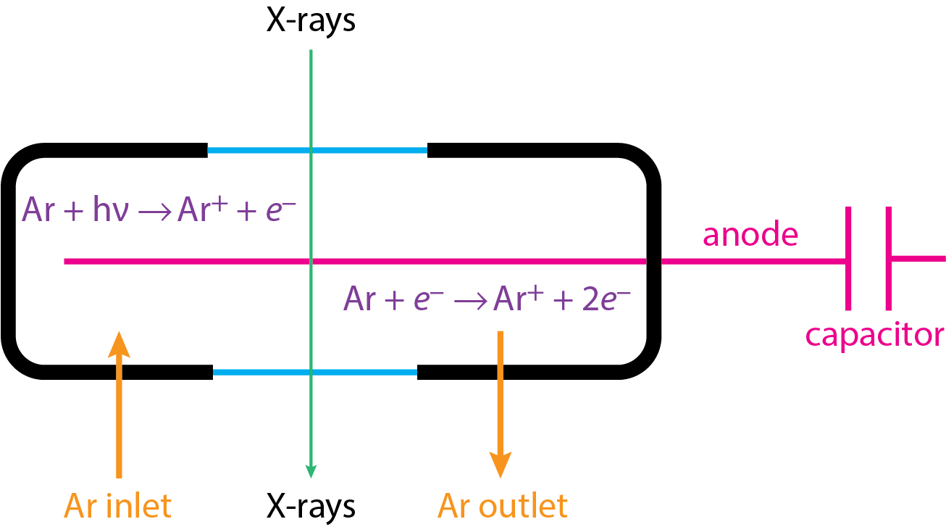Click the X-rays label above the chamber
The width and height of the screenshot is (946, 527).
311,21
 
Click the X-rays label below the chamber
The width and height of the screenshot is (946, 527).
311,505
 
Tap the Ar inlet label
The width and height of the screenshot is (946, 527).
118,505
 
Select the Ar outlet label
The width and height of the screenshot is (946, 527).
502,505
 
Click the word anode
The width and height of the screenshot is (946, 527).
750,235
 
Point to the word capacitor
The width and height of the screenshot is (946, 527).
875,335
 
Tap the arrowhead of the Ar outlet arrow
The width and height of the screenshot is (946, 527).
500,464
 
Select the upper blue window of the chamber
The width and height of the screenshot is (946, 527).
317,151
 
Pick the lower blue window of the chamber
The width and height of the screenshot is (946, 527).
315,373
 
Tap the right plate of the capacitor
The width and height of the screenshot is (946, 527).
889,258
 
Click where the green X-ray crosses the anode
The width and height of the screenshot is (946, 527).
311,261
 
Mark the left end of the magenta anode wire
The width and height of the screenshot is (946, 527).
67,261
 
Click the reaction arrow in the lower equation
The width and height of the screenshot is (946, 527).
472,299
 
